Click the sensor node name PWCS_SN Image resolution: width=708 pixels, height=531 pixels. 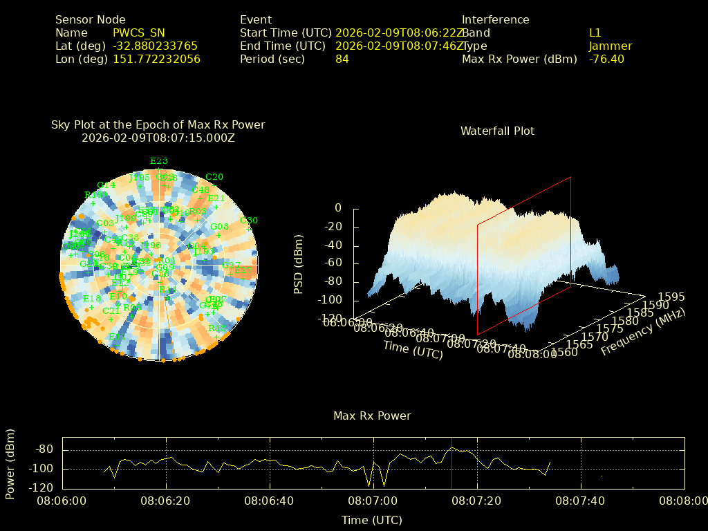(138, 33)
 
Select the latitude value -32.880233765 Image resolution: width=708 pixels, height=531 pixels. (155, 46)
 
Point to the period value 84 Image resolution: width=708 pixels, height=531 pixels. (342, 59)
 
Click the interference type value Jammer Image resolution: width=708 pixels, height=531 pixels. (611, 46)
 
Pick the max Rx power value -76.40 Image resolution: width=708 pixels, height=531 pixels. (606, 59)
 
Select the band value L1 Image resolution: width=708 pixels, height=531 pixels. (595, 33)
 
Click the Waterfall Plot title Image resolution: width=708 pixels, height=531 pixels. (497, 131)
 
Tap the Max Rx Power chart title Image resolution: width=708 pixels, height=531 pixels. (372, 416)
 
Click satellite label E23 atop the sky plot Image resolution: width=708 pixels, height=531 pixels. (159, 161)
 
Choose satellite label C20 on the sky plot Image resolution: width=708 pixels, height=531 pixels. (214, 177)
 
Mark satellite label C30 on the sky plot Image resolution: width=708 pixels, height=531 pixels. (248, 221)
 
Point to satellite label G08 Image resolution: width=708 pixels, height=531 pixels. (219, 227)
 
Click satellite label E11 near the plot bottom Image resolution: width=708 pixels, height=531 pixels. (116, 337)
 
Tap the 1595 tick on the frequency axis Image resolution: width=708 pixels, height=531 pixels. (672, 297)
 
